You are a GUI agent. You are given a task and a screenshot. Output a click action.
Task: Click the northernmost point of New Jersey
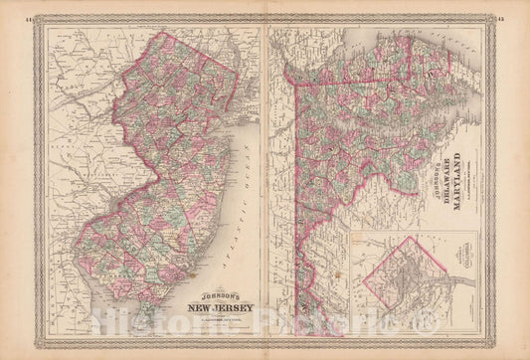[x=162, y=33]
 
